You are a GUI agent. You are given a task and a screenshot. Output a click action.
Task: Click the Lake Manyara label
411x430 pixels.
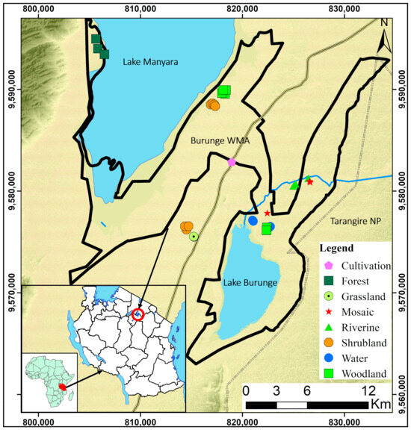[150, 62]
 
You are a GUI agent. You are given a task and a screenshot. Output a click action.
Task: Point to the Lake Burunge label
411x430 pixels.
[250, 283]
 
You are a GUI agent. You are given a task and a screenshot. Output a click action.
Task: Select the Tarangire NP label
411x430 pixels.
[353, 222]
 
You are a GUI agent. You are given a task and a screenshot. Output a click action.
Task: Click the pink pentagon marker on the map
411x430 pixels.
[232, 162]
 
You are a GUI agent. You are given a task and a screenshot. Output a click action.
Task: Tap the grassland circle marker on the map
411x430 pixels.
[194, 236]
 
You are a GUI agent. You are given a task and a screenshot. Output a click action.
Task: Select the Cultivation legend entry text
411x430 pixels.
[366, 265]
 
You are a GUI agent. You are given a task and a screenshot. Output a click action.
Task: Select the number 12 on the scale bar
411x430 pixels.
[368, 390]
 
